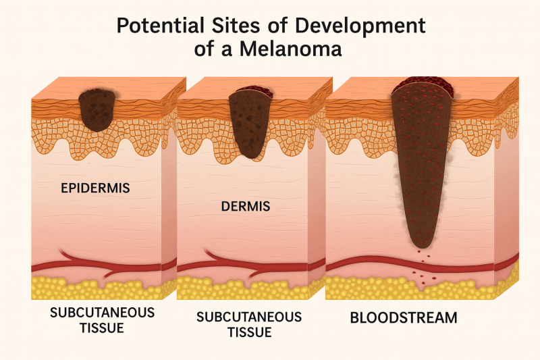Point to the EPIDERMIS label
[x=97, y=188]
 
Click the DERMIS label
[x=245, y=206]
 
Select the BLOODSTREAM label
[x=403, y=317]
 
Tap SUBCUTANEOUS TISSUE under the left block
[x=93, y=320]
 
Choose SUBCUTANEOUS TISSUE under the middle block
[x=249, y=324]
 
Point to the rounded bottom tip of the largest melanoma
[x=422, y=242]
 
